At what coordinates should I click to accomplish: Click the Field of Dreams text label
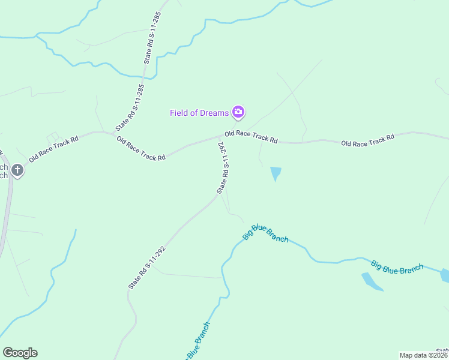point(199,113)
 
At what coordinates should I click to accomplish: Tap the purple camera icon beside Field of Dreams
point(238,112)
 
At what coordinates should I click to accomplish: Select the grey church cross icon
point(18,170)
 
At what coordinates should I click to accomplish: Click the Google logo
point(20,353)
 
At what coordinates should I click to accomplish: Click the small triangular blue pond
point(276,173)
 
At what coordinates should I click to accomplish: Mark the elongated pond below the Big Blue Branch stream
point(372,281)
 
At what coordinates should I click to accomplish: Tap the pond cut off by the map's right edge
point(445,275)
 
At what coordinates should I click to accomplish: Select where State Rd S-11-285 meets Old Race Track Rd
point(113,134)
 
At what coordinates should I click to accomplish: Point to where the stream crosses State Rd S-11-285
point(143,77)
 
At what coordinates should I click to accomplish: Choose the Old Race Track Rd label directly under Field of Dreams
point(251,137)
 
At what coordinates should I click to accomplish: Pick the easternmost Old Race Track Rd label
point(367,140)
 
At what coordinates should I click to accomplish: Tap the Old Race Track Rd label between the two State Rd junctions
point(141,149)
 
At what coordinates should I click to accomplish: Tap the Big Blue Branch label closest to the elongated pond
point(397,268)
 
